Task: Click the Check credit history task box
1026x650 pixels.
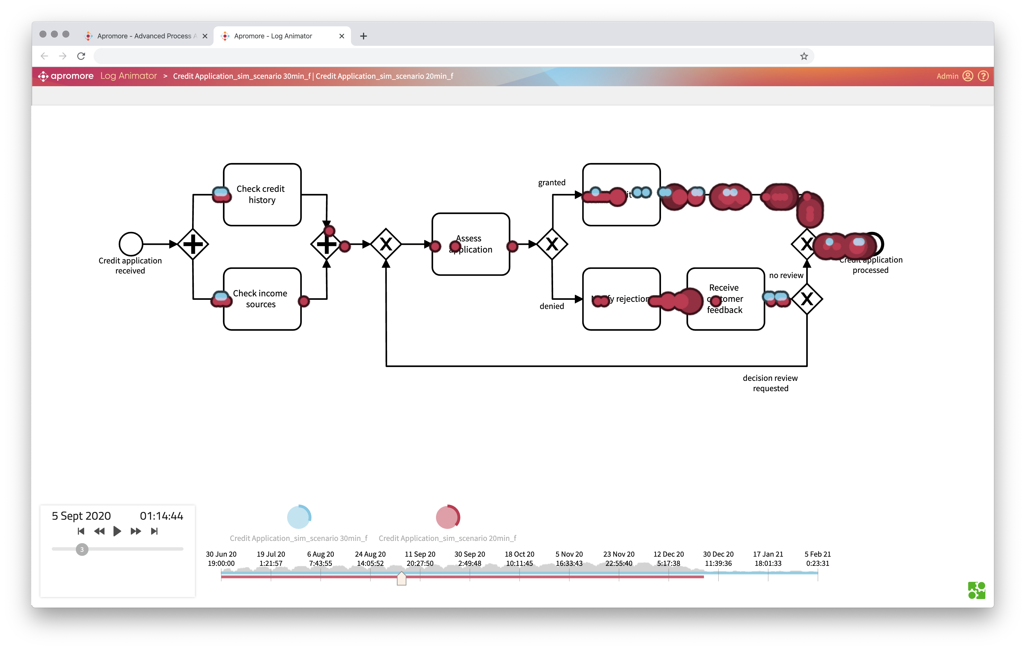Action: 262,194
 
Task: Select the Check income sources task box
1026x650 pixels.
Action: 262,299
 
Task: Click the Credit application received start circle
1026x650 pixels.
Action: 131,244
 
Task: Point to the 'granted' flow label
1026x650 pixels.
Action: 551,182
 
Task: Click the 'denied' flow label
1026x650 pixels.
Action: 551,306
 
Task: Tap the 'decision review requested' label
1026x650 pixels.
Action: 770,383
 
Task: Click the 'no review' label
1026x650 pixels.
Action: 786,275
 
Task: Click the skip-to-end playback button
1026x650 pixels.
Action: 154,531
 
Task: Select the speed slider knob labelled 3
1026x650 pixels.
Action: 82,549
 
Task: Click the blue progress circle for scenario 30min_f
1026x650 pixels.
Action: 299,517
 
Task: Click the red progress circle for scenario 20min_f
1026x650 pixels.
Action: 447,517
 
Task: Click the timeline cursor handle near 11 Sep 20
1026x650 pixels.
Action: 401,579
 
